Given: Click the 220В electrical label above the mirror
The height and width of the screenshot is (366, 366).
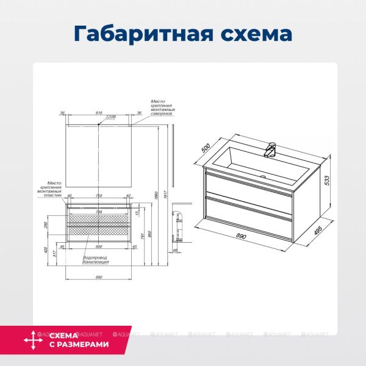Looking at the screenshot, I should (110, 116).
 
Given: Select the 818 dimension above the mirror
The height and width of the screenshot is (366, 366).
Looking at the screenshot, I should (99, 112).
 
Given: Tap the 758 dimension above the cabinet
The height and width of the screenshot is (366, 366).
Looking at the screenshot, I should (99, 196).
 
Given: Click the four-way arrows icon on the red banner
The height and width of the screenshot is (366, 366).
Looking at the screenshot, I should (31, 340).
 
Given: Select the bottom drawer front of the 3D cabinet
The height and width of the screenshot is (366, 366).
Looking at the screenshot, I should (249, 209).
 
